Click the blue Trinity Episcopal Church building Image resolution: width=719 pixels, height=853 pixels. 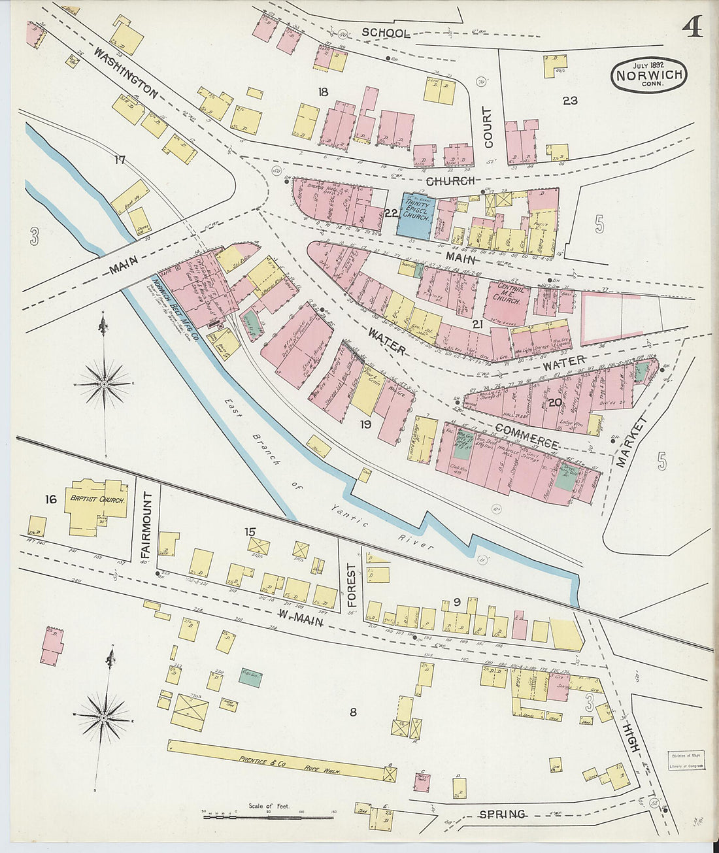click(x=415, y=215)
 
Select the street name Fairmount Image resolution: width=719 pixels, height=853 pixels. click(x=146, y=526)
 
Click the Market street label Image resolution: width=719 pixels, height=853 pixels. click(x=630, y=442)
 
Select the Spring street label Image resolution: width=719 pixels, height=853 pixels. click(x=502, y=814)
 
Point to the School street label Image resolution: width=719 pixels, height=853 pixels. click(x=386, y=33)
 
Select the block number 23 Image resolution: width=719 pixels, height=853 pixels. click(x=569, y=100)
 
